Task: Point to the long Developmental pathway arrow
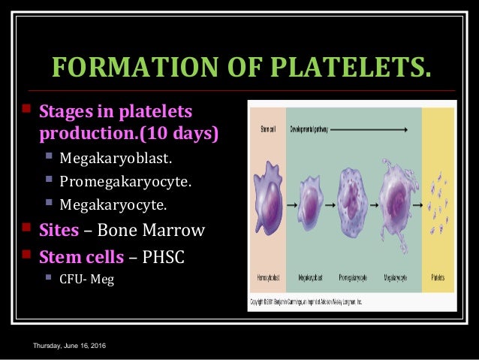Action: point(368,129)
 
